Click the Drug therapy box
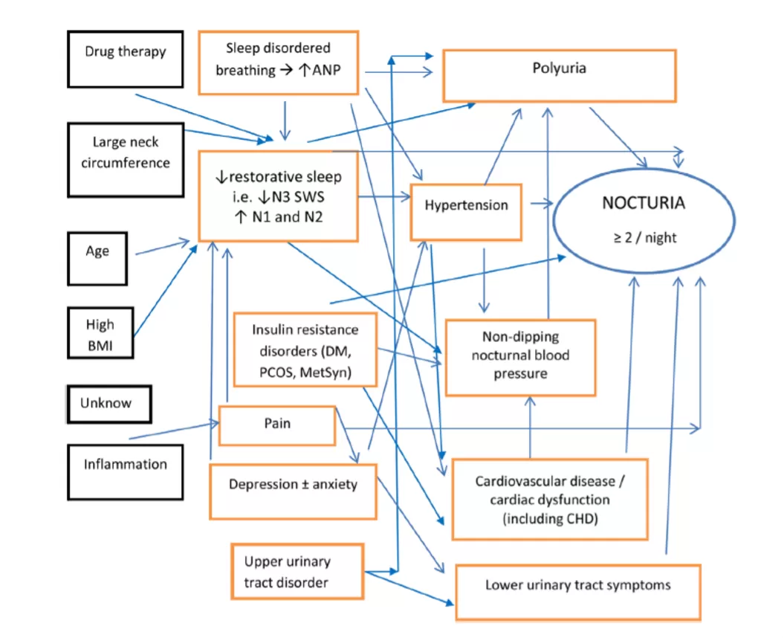tap(125, 59)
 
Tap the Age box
tap(97, 258)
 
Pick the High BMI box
tap(100, 333)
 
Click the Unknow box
tap(108, 404)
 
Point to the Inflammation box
tap(125, 472)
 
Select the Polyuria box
tap(559, 75)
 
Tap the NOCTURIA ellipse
tap(644, 219)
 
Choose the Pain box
tap(276, 425)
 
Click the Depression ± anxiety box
tap(293, 491)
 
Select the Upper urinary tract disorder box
tap(297, 572)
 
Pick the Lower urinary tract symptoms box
tap(577, 592)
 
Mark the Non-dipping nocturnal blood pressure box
tap(520, 357)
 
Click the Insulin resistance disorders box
tap(305, 349)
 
